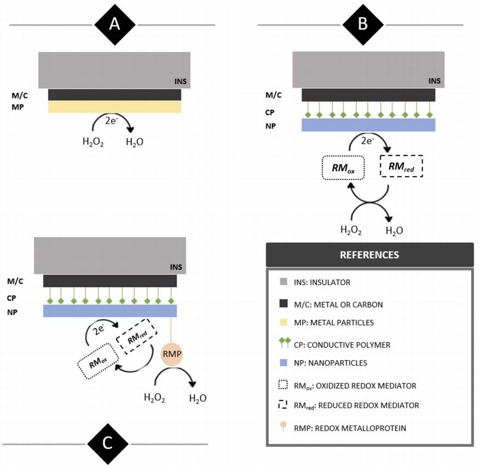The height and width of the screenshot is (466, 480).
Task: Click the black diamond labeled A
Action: pos(114,25)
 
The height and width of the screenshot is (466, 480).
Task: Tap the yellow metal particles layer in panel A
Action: pos(114,106)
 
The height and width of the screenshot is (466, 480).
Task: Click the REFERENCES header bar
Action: pos(369,255)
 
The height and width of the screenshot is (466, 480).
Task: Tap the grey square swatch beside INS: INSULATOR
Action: pos(282,282)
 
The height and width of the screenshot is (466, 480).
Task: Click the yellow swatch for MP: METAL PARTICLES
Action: pos(282,322)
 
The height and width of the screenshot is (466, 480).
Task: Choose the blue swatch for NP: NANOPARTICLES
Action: pos(282,362)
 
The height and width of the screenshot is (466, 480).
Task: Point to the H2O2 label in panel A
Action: pos(92,143)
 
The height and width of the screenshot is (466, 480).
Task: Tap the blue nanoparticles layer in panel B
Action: pos(368,125)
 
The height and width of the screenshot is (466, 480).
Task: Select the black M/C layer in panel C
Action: pos(110,281)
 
